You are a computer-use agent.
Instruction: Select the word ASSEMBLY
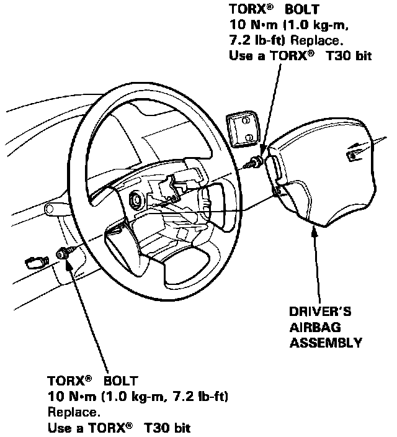pos(325,342)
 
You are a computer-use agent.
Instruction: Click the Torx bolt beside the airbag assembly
pos(255,163)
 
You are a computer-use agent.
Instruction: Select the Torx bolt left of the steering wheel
pos(65,253)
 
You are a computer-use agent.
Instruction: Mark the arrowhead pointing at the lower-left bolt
pos(69,261)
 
